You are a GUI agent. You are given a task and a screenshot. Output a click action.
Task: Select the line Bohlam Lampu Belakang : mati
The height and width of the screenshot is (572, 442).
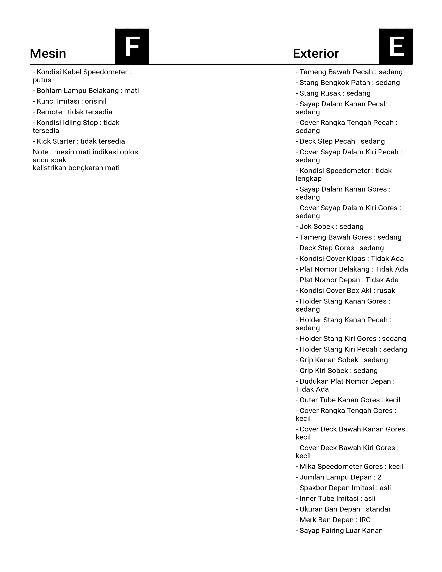pyautogui.click(x=86, y=91)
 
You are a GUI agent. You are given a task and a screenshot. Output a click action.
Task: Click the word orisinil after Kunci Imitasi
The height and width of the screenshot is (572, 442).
pyautogui.click(x=96, y=101)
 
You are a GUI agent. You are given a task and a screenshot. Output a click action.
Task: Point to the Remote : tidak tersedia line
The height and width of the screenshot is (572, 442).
pyautogui.click(x=72, y=112)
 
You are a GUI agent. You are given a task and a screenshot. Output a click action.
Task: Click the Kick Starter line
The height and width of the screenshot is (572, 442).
pyautogui.click(x=79, y=141)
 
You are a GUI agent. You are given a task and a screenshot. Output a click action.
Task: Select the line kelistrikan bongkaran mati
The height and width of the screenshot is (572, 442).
pyautogui.click(x=76, y=168)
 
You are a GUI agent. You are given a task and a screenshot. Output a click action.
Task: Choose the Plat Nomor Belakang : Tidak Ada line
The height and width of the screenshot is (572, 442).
pyautogui.click(x=352, y=269)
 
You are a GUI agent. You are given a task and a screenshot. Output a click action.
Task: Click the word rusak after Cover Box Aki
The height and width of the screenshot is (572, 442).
pyautogui.click(x=386, y=291)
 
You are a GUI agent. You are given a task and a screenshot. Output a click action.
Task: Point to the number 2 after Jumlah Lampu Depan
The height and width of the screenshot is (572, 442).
pyautogui.click(x=379, y=477)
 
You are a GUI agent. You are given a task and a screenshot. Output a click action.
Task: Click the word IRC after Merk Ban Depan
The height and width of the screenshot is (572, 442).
pyautogui.click(x=365, y=520)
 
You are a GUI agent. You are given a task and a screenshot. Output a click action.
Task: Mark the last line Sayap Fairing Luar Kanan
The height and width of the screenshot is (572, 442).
pyautogui.click(x=339, y=531)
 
